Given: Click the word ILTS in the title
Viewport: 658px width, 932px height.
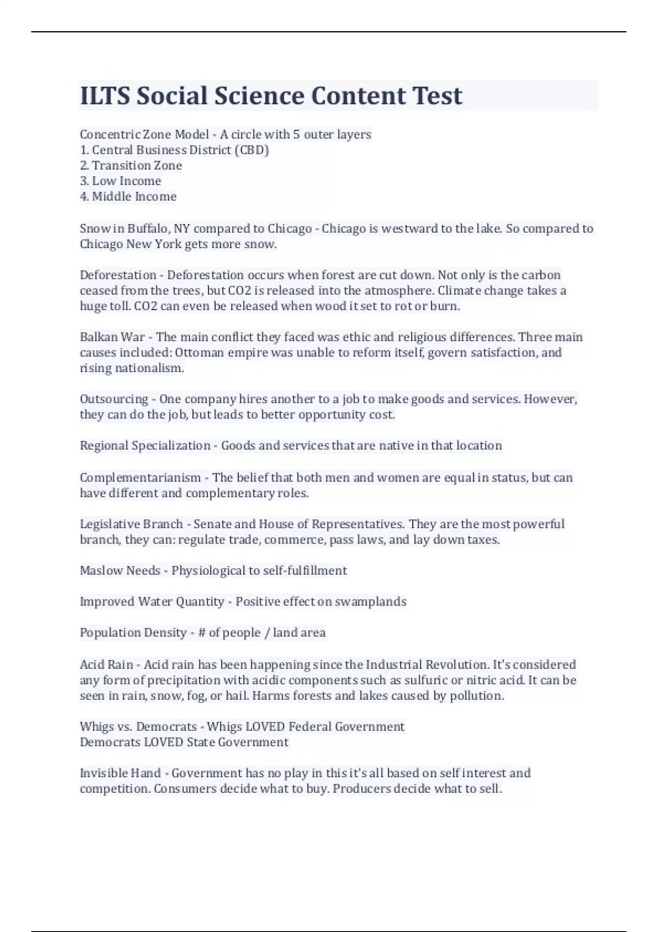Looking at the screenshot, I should click(x=105, y=96).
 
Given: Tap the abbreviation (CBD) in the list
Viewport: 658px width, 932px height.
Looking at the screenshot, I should click(x=251, y=150).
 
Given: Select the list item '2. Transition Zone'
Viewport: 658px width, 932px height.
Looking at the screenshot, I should click(x=131, y=166).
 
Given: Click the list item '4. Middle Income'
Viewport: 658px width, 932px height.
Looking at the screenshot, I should click(x=128, y=196).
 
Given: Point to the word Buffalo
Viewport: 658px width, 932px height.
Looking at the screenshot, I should click(x=148, y=229).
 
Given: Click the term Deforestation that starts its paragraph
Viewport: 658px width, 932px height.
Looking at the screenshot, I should click(x=118, y=275).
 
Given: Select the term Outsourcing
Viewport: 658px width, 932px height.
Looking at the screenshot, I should click(x=114, y=399).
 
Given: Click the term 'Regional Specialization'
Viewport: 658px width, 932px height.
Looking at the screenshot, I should click(x=145, y=445).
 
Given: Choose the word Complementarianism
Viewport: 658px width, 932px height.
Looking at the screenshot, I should click(x=140, y=478).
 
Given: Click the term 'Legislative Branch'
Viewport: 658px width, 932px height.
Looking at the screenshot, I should click(x=131, y=524).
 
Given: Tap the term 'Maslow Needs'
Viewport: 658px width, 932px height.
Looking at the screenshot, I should click(x=120, y=571).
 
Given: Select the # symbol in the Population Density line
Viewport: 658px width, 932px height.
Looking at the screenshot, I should click(x=201, y=633).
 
